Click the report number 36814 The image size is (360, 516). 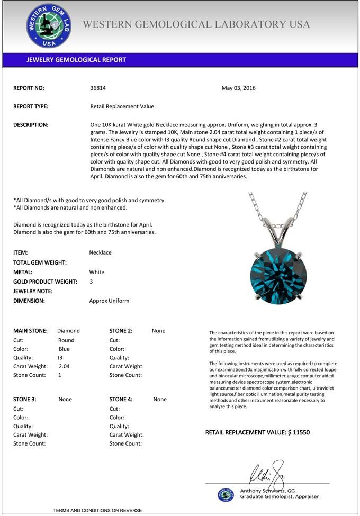[x=98, y=88]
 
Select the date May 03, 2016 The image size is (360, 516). [x=238, y=88]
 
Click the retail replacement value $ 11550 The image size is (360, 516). [x=257, y=432]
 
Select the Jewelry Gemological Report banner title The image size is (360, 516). [x=76, y=60]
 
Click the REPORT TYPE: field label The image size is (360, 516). [x=31, y=106]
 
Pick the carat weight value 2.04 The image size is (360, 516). [x=64, y=366]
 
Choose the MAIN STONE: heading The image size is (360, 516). [x=30, y=331]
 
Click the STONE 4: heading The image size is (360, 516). [x=125, y=400]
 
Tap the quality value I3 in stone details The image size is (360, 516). [x=60, y=357]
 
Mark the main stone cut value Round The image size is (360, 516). [x=66, y=340]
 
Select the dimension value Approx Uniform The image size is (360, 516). [x=109, y=301]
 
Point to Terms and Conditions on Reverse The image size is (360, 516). [x=97, y=510]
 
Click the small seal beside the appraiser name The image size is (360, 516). [x=226, y=494]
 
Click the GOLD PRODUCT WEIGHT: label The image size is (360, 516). [x=45, y=282]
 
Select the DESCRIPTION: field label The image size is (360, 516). [x=31, y=125]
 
